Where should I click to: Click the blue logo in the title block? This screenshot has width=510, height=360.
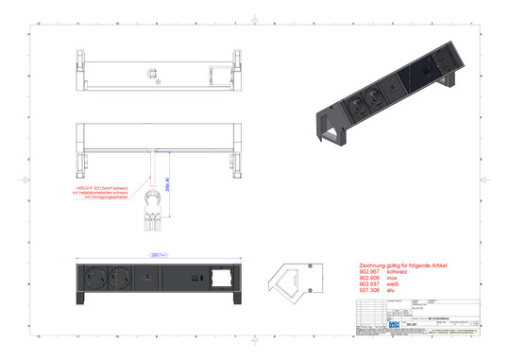(367, 324)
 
